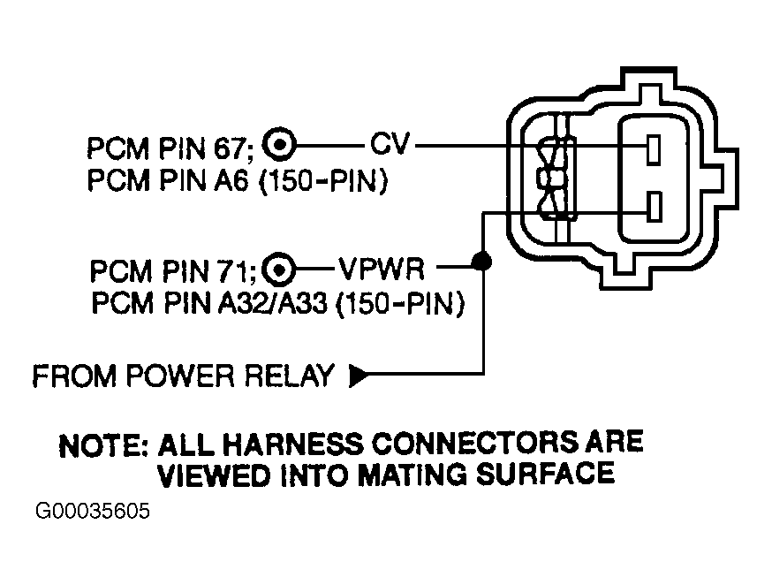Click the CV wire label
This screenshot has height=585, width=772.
coord(390,144)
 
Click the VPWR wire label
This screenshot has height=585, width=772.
coord(381,269)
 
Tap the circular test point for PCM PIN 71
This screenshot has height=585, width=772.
coord(278,270)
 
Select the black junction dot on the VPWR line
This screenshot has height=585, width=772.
coord(481,261)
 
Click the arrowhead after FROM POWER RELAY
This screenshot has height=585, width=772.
coord(358,376)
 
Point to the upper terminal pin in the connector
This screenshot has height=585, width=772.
coord(654,149)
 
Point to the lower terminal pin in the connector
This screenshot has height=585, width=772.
coord(654,207)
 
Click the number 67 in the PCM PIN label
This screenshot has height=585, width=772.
coord(231,148)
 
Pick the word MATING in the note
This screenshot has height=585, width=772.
coord(411,475)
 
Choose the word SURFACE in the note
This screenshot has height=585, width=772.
coord(545,474)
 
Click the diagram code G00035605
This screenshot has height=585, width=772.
coord(92,511)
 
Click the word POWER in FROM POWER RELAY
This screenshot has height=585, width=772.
coord(180,376)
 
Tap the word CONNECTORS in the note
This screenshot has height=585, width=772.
coord(474,443)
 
